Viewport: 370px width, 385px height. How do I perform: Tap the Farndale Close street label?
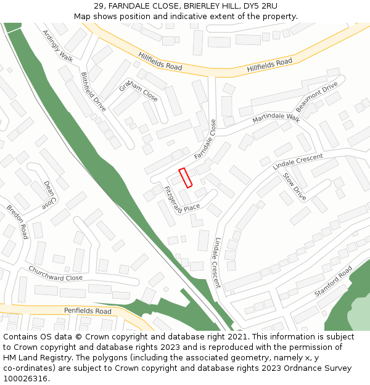pyautogui.click(x=206, y=140)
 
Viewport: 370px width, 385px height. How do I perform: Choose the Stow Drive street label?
pyautogui.click(x=294, y=186)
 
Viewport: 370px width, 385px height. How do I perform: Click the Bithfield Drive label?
pyautogui.click(x=93, y=92)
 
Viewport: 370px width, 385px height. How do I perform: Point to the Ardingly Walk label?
pyautogui.click(x=57, y=46)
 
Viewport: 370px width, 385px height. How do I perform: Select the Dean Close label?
pyautogui.click(x=49, y=195)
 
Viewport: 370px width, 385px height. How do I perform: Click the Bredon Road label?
pyautogui.click(x=17, y=222)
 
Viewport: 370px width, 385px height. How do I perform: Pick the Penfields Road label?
pyautogui.click(x=88, y=311)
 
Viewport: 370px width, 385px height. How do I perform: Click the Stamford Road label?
pyautogui.click(x=333, y=281)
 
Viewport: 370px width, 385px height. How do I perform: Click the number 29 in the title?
pyautogui.click(x=99, y=6)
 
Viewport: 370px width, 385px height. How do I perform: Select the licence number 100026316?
pyautogui.click(x=25, y=378)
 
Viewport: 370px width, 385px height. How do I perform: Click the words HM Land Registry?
pyautogui.click(x=34, y=358)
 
